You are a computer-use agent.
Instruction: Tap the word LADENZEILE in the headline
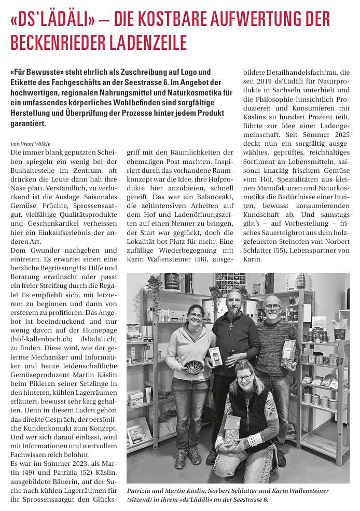click(147, 42)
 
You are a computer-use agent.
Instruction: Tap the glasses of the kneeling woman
click(244, 378)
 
